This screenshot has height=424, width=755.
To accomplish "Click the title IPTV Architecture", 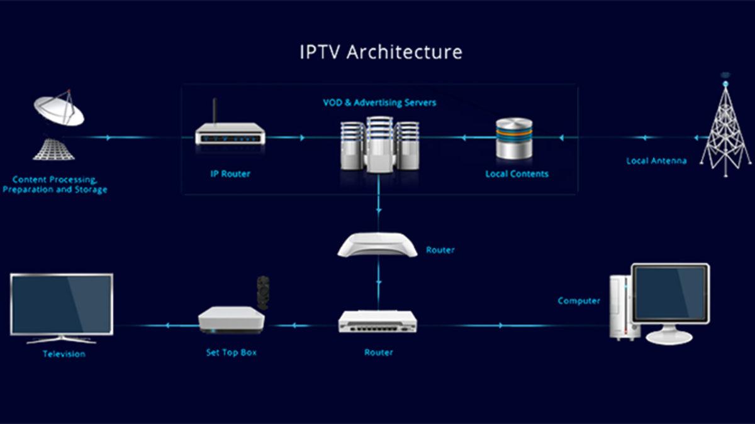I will (381, 52).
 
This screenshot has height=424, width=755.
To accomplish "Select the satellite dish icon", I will (59, 110).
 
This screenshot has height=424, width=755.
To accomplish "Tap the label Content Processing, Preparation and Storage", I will (55, 184).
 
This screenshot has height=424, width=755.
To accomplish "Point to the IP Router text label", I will (230, 173).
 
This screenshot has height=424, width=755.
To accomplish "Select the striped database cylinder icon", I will (514, 138).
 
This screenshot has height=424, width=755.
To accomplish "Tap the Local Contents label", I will (517, 173).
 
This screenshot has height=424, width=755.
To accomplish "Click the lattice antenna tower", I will (725, 129).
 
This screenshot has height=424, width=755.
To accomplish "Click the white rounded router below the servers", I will (377, 244).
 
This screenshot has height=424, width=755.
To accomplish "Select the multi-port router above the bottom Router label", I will (377, 322).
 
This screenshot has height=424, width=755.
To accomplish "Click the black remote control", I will (263, 291).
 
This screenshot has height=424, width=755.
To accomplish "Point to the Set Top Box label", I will (231, 352).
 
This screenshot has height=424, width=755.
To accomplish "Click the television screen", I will (62, 304).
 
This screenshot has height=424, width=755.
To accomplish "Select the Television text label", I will (64, 354).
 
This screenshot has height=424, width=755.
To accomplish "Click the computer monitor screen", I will (670, 293).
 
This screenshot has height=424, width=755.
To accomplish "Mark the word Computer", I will (579, 301).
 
